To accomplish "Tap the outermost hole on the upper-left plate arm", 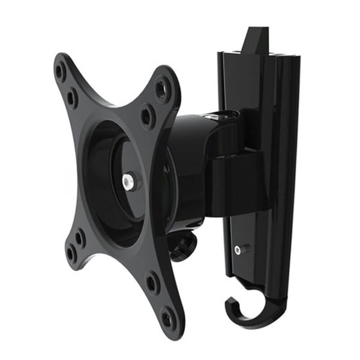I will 60,71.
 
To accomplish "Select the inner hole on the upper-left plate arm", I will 72,97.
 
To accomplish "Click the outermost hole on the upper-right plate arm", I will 162,89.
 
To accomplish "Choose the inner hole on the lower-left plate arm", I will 80,237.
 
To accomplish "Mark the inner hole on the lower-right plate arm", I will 153,282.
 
